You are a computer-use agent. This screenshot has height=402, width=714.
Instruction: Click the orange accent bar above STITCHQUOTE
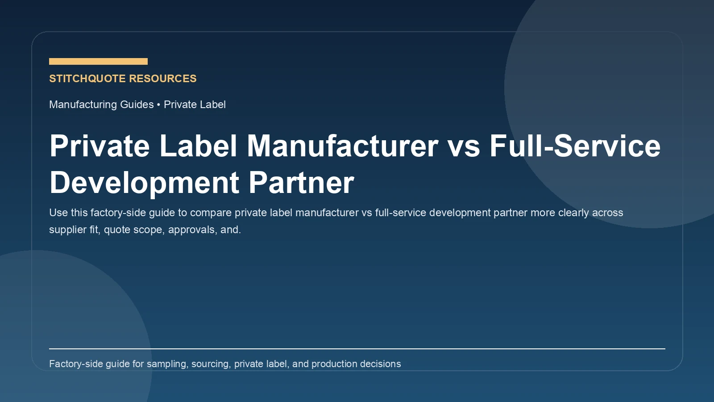point(98,61)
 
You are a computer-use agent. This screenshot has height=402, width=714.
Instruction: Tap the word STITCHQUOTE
point(87,79)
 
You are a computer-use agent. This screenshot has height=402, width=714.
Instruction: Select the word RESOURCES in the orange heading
point(163,79)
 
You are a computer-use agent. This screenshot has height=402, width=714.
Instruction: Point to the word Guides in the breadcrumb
point(137,105)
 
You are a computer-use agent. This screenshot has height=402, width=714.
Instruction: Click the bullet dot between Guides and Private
point(158,105)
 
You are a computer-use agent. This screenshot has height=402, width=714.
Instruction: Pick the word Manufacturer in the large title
point(343,146)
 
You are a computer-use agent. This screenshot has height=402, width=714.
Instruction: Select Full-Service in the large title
point(575,146)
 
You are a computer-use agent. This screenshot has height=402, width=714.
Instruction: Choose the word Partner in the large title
point(301,183)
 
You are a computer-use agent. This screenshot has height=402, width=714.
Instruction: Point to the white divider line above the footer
point(357,348)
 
